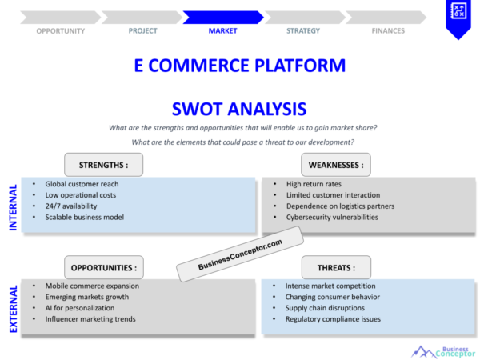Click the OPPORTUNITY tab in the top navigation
click(x=61, y=31)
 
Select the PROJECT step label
click(x=142, y=31)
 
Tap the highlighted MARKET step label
click(x=222, y=31)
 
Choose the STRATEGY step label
click(x=303, y=31)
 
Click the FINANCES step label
click(x=388, y=31)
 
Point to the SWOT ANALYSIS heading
click(x=239, y=108)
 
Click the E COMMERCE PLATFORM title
click(x=240, y=66)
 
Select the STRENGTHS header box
click(x=104, y=166)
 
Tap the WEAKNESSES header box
click(x=336, y=166)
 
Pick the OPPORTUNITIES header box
click(x=104, y=267)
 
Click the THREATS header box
click(x=337, y=267)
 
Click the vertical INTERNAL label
click(x=13, y=207)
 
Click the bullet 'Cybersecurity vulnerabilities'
click(x=333, y=217)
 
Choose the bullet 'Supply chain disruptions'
click(x=325, y=308)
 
